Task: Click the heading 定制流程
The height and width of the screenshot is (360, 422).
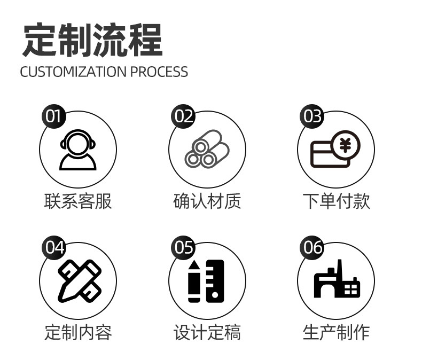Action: (92, 40)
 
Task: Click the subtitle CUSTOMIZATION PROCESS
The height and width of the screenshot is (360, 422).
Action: (104, 72)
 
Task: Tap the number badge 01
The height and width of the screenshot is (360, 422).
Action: (53, 116)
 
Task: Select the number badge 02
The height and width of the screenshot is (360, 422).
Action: (183, 116)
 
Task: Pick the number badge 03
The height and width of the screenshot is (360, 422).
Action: (312, 116)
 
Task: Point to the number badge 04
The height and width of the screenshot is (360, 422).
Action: (53, 247)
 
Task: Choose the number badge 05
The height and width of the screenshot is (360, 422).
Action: (183, 247)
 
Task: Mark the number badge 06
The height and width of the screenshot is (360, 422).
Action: (312, 247)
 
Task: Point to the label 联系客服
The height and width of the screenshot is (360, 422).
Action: (78, 201)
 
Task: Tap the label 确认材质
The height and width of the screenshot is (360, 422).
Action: (207, 201)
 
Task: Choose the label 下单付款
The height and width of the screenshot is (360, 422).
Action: (336, 201)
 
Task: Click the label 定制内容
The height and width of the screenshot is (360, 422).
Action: (78, 332)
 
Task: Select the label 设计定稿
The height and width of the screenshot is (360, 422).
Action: (207, 332)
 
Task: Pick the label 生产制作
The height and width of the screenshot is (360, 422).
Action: (336, 332)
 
